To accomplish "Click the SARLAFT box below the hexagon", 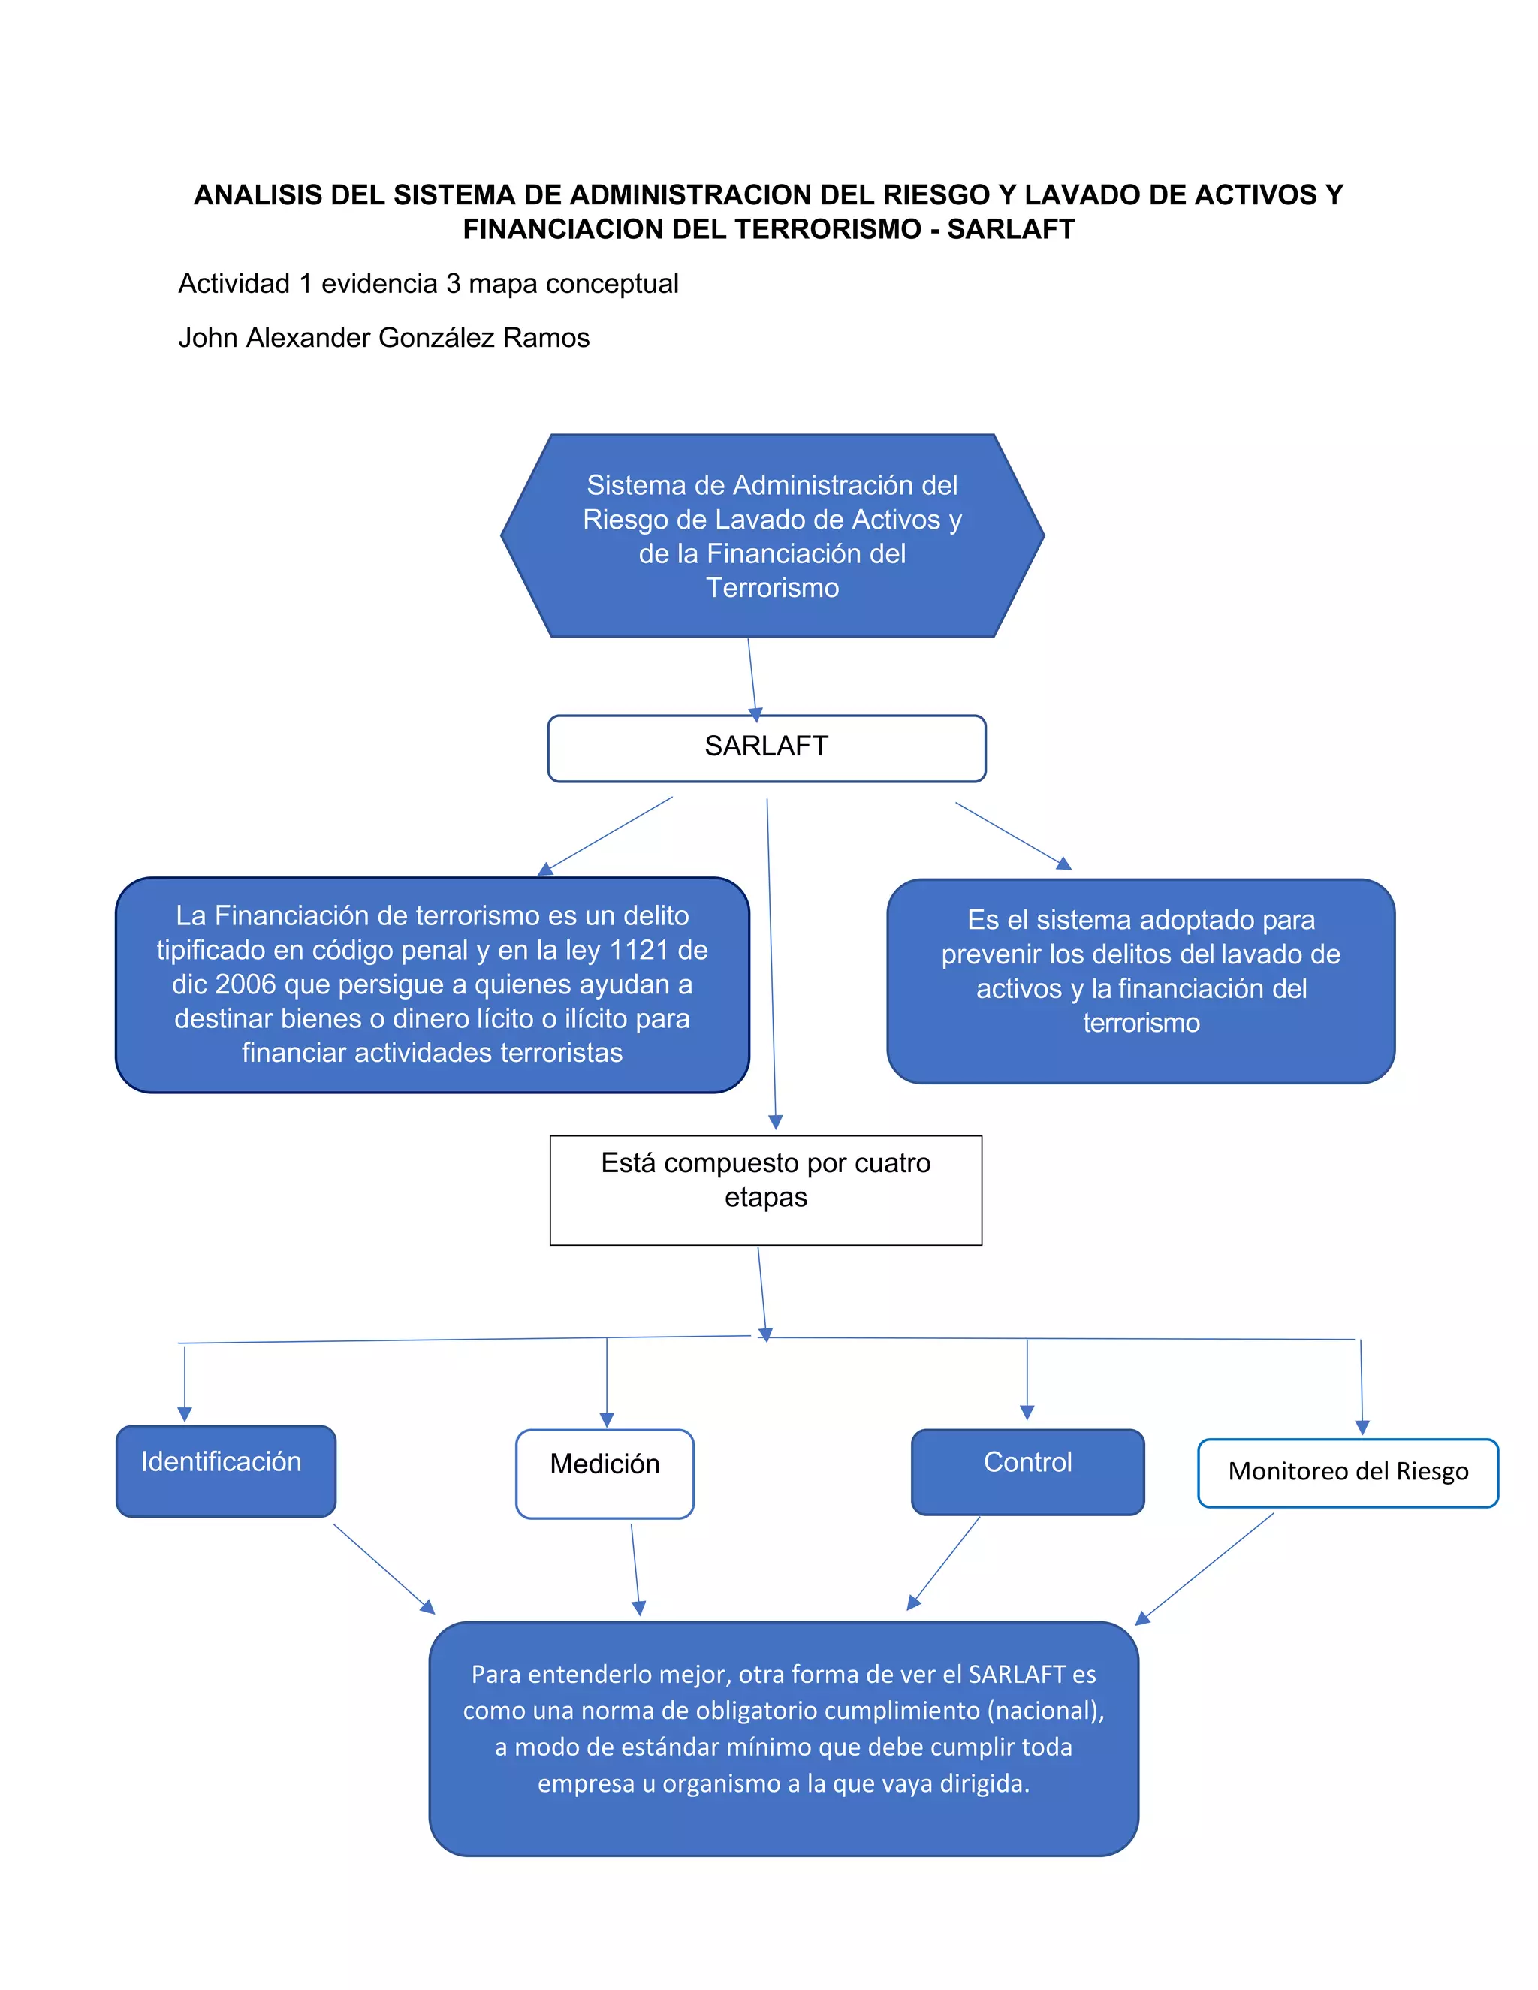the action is coord(766,748).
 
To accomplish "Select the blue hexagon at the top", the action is coord(773,535).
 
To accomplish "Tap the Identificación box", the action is coord(226,1470).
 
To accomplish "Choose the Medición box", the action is coord(605,1473).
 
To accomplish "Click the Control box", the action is coord(1028,1472).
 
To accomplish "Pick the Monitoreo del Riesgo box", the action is coord(1347,1473).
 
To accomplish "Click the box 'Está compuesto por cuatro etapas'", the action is coord(766,1190).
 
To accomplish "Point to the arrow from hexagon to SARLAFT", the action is coord(752,680).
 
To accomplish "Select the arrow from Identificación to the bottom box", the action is coord(384,1568).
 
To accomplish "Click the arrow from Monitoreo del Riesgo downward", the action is coord(1204,1569).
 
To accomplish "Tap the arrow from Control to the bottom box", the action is coord(943,1563).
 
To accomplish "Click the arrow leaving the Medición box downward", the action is coord(637,1569).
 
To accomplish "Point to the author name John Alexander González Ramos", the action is coord(384,338).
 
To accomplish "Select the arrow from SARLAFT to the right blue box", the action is coord(1013,837).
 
